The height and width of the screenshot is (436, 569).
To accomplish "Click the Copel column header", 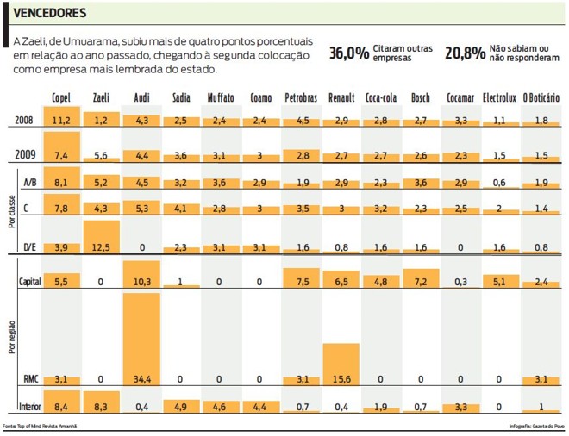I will pos(61,98).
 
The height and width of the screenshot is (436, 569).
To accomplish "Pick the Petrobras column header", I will pos(302,98).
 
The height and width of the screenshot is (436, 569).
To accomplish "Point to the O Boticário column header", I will pos(541,98).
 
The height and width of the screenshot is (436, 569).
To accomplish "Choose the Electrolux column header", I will pos(500,98).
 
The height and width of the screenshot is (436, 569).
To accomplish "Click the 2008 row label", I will pos(26,120).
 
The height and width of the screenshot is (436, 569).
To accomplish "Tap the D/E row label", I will pos(28,247).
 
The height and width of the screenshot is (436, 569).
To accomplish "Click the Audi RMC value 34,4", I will pos(141,378).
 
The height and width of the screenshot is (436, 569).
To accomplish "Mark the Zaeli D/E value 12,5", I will pos(102,247).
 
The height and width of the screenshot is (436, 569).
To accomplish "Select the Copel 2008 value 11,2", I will pos(61,121).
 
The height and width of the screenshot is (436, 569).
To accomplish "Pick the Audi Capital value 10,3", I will pos(141,282).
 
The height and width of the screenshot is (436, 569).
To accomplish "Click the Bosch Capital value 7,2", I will pos(421,282).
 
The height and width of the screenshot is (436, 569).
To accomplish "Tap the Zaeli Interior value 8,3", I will pos(101,406).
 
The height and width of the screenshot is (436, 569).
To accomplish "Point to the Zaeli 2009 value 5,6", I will pos(101,156).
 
